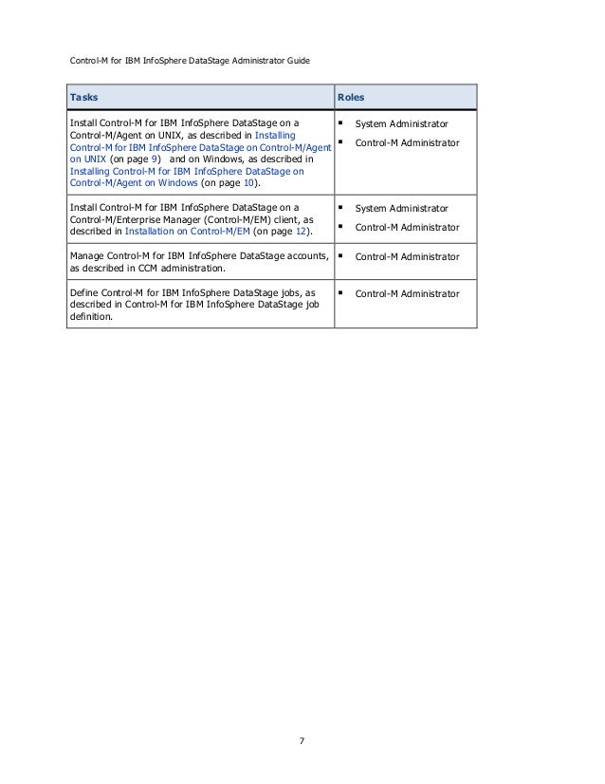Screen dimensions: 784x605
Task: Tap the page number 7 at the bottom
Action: pos(302,740)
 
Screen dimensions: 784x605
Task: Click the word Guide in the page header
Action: pos(293,61)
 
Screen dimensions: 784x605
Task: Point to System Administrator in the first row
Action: pos(401,124)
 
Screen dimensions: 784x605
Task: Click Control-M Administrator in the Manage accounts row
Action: pos(407,256)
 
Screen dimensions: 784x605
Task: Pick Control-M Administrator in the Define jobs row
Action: pos(407,294)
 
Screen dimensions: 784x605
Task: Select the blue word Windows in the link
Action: pos(175,182)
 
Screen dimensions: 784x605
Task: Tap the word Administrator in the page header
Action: pos(250,61)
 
